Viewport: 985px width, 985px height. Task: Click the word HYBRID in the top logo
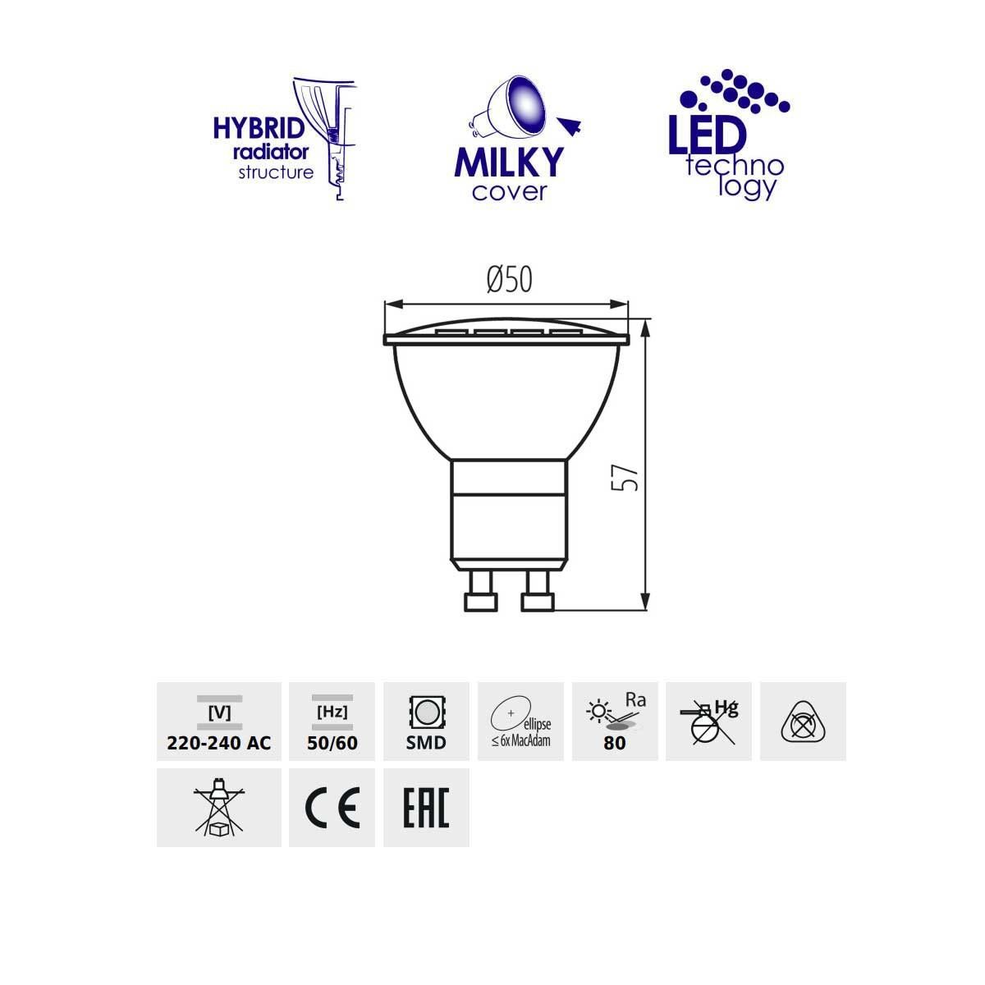[259, 128]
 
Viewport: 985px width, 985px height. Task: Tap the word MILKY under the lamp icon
[509, 163]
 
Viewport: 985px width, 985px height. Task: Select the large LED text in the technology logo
[708, 134]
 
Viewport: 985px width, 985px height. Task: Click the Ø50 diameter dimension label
[509, 280]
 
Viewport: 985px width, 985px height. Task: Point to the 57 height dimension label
[625, 478]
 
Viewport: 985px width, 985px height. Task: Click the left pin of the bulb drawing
[481, 592]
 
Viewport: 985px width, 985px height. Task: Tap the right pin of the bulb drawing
[537, 592]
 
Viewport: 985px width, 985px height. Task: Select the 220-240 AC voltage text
[219, 743]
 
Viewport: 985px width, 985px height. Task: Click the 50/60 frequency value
[332, 743]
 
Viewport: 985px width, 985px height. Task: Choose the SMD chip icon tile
[426, 722]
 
